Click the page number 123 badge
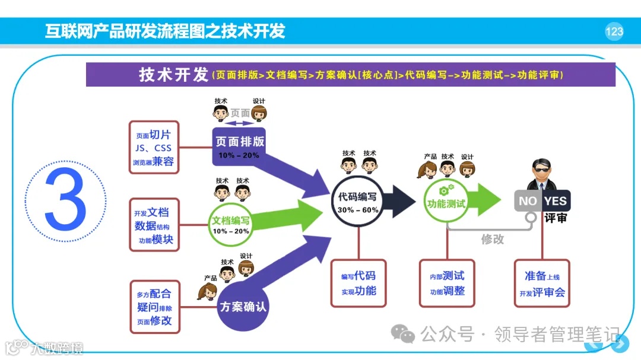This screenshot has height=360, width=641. [x=614, y=31]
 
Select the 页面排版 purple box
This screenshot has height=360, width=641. [x=239, y=146]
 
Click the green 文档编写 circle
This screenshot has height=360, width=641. [x=230, y=224]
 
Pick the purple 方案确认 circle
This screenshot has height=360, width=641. [x=243, y=307]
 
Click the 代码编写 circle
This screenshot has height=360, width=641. [x=357, y=201]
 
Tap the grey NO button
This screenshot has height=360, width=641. [x=527, y=200]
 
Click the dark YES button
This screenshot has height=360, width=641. [x=556, y=200]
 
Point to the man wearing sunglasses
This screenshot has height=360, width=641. [x=542, y=173]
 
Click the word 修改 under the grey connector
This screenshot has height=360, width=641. [x=493, y=239]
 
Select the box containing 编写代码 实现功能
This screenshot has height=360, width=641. [x=358, y=283]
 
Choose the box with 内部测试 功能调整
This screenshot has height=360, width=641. [x=447, y=283]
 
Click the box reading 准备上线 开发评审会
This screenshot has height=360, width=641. [x=542, y=283]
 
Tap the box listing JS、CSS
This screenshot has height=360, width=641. [x=154, y=148]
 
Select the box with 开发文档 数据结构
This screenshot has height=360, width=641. [x=154, y=225]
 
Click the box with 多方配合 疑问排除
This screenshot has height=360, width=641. [x=154, y=307]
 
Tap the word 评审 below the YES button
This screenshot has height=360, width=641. [x=556, y=218]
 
